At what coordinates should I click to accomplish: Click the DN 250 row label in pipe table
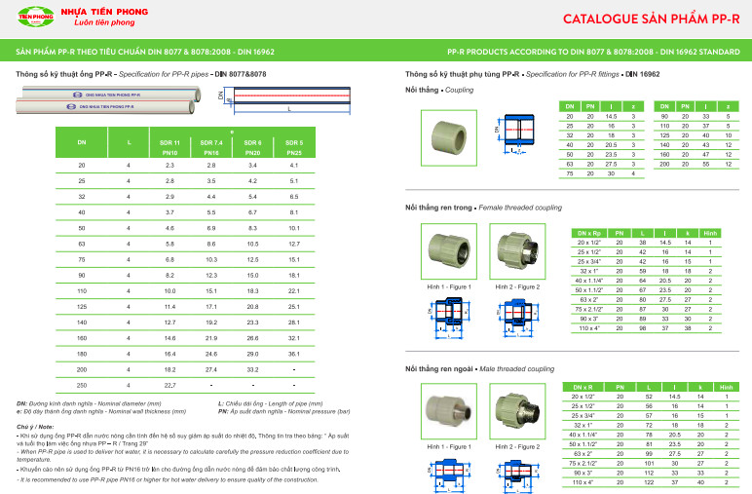pyautogui.click(x=82, y=386)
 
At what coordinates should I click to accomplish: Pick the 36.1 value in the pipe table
pyautogui.click(x=293, y=355)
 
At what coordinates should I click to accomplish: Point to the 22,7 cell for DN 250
pyautogui.click(x=169, y=386)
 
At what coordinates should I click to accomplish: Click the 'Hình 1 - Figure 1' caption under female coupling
pyautogui.click(x=449, y=287)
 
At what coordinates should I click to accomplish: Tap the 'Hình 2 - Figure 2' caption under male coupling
pyautogui.click(x=516, y=446)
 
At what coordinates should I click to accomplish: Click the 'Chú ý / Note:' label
pyautogui.click(x=36, y=427)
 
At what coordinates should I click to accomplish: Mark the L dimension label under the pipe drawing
pyautogui.click(x=289, y=109)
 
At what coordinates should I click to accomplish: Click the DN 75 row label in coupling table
pyautogui.click(x=570, y=173)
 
